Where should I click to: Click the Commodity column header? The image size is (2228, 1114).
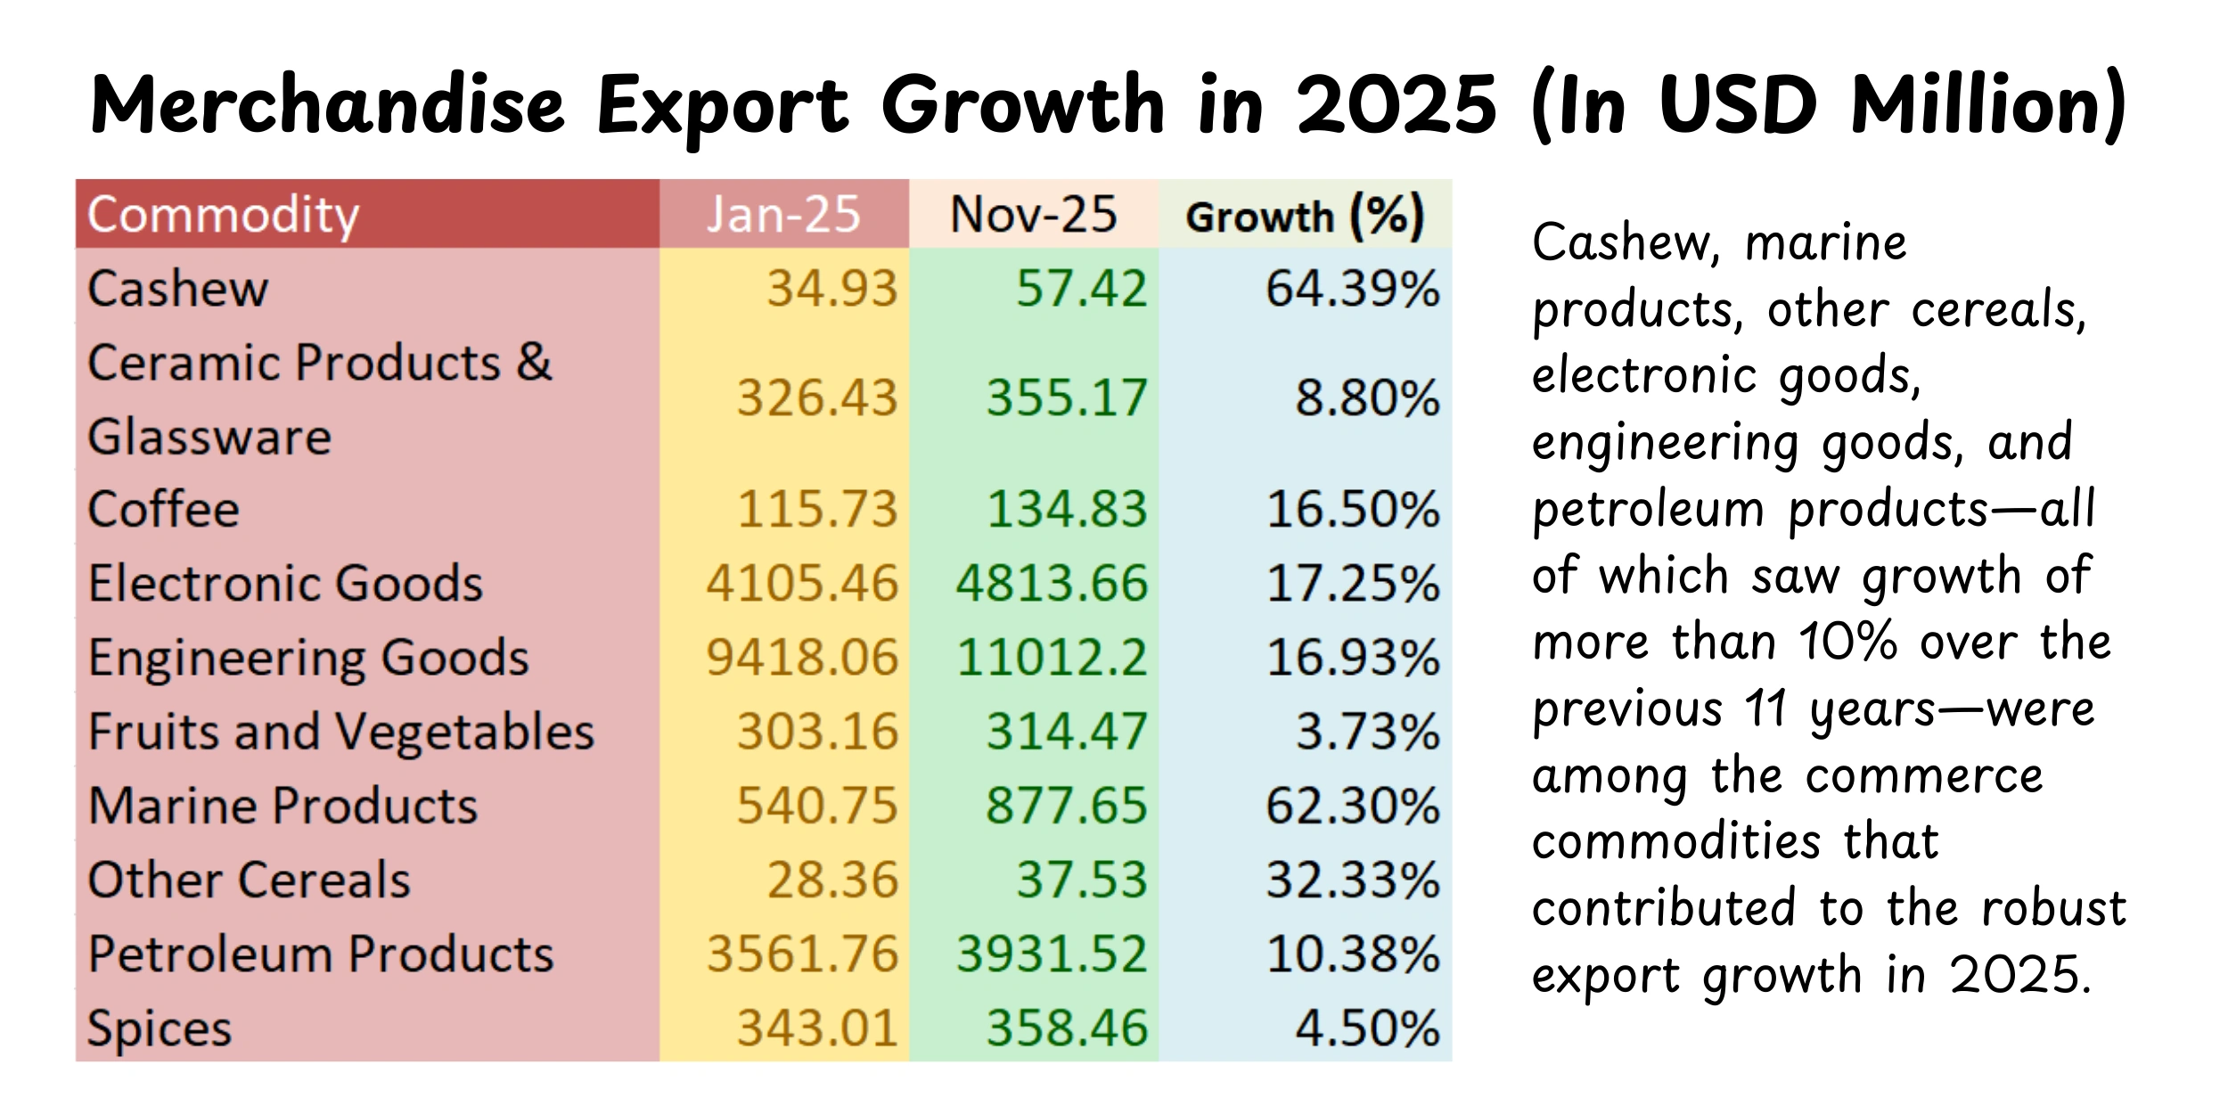click(223, 215)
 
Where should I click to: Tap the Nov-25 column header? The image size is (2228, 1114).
click(1033, 215)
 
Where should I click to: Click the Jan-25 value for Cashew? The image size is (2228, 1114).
click(831, 289)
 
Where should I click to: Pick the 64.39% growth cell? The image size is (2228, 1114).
click(1352, 289)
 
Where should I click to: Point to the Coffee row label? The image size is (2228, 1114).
click(164, 509)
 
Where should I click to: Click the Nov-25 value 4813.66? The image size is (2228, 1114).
click(1052, 583)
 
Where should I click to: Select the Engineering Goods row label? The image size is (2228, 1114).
click(308, 658)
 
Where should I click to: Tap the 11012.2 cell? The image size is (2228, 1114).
click(1052, 658)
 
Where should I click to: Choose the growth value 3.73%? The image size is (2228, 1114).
click(1367, 732)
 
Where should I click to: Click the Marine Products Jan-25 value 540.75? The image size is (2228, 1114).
click(816, 806)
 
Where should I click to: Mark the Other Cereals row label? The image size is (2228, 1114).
click(250, 880)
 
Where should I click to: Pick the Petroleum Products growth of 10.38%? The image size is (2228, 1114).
click(1352, 954)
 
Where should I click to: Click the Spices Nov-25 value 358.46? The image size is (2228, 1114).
click(1067, 1028)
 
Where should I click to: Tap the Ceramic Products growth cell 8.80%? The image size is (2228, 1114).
click(1367, 397)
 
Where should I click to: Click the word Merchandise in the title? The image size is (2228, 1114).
click(328, 105)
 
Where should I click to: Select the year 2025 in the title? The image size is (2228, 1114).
click(1397, 105)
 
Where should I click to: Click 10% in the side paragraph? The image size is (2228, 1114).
click(1847, 642)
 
